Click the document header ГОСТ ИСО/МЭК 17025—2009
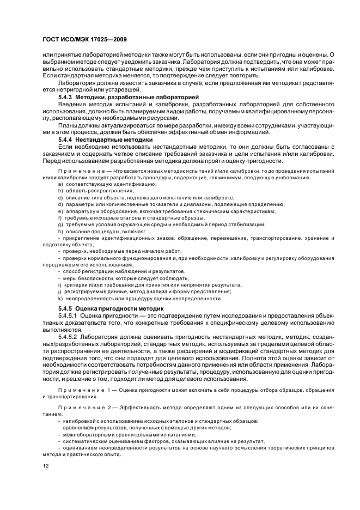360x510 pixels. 84,40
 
